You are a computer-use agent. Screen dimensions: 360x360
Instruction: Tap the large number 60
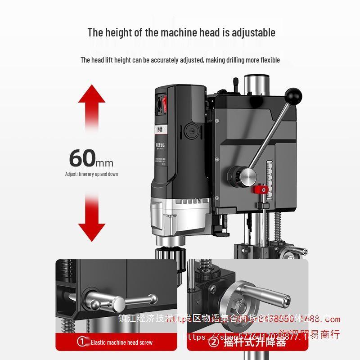tap(82, 158)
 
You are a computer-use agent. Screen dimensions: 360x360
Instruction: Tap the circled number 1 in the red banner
tap(82, 342)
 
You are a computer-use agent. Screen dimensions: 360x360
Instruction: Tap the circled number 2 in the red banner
tap(214, 342)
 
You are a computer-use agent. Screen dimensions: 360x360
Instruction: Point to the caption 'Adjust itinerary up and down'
tap(91, 174)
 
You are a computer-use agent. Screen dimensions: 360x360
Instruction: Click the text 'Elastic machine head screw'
tap(121, 342)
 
